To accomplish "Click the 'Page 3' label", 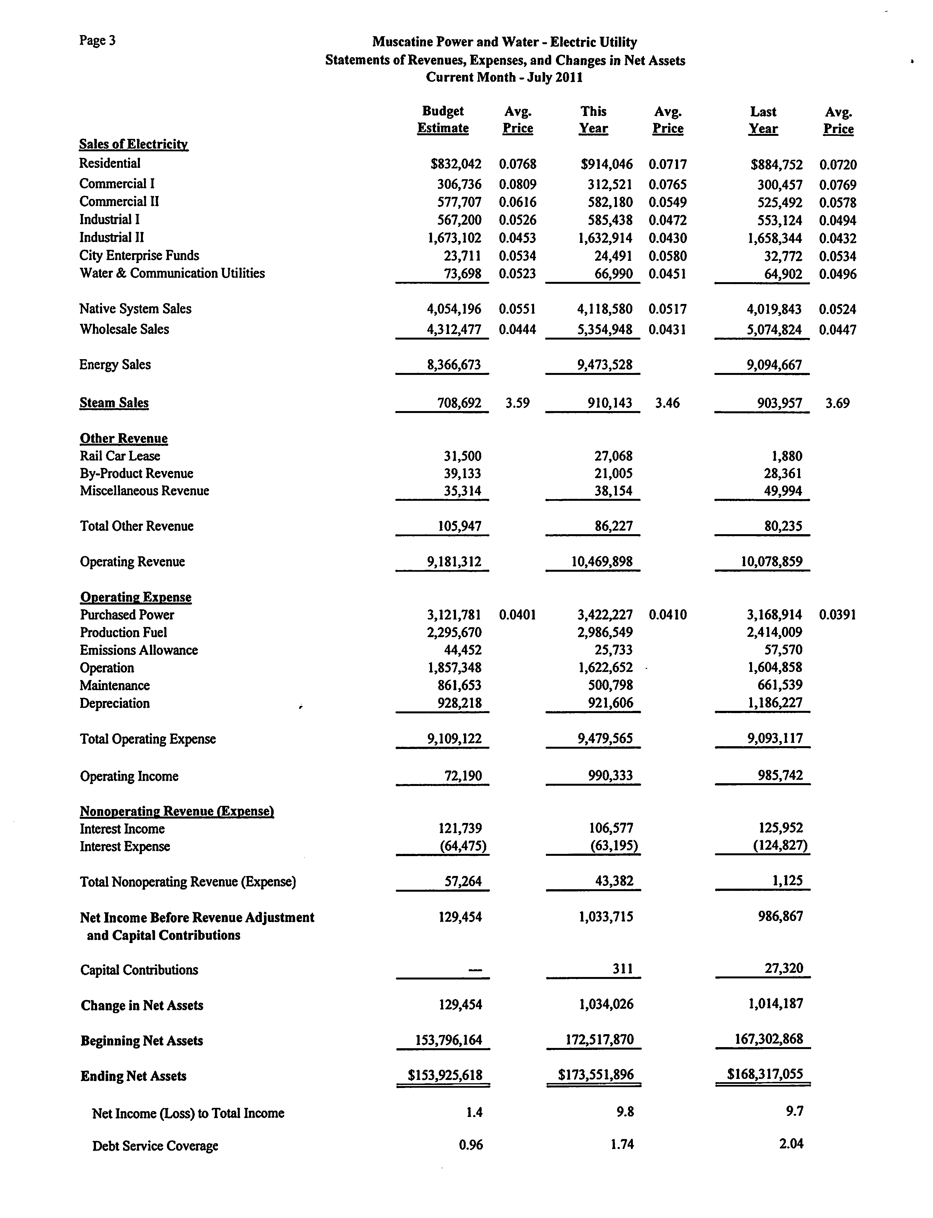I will tap(97, 41).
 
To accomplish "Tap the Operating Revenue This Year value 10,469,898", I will tap(602, 562).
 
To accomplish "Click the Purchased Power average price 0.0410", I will tap(668, 615).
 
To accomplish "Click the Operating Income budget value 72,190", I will tap(463, 776).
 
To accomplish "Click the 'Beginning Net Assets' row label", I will tap(142, 1041).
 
